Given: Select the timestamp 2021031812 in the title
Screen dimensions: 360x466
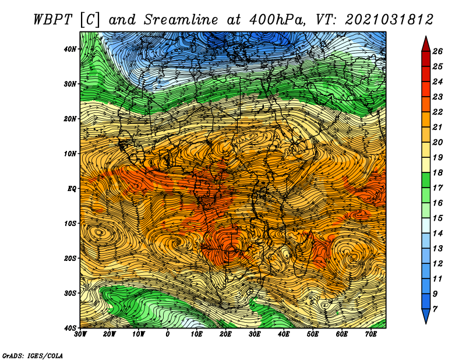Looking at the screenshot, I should click(390, 19).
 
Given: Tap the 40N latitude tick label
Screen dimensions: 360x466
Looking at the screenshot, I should click(70, 49).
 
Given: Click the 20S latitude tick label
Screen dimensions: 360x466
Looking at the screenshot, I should click(70, 258).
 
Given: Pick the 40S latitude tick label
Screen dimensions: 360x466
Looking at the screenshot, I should click(70, 327).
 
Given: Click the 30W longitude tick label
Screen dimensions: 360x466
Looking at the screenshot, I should click(80, 334).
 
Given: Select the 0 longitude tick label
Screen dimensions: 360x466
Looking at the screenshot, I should click(168, 334).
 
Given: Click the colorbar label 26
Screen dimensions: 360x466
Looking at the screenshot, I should click(438, 51).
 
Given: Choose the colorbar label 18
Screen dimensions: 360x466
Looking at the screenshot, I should click(438, 172).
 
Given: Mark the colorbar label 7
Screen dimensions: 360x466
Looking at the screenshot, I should click(438, 309).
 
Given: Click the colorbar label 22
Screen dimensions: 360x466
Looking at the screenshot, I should click(438, 112).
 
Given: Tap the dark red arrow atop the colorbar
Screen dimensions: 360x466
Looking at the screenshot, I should click(426, 44).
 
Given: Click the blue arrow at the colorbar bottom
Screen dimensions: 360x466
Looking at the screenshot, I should click(426, 316).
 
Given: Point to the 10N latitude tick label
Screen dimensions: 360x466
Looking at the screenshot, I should click(70, 153).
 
